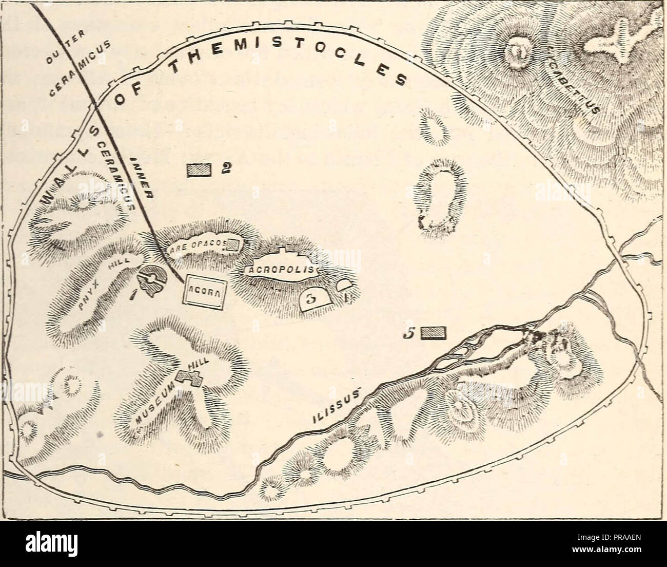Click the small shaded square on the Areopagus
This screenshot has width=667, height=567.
233,244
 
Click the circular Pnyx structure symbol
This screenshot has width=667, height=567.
152,278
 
